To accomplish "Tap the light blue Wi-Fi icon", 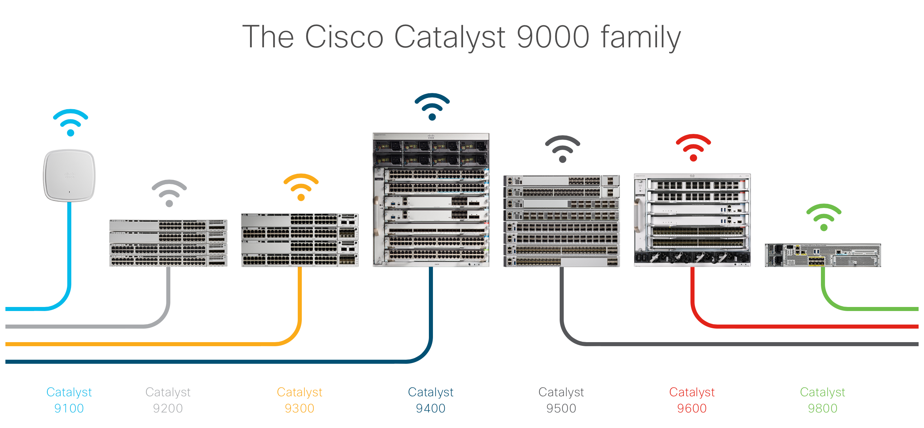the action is click(71, 122).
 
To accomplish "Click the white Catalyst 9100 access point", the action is click(69, 175).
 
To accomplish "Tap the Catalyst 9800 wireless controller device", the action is click(823, 255).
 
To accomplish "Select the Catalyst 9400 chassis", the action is click(431, 200).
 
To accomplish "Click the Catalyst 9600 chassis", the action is click(692, 220).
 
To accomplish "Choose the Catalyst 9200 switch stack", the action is click(168, 243).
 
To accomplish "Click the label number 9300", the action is click(299, 408).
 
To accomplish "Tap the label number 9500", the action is click(561, 408).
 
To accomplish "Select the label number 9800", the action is click(823, 408).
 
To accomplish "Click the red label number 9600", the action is click(692, 408).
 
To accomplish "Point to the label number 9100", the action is click(69, 408).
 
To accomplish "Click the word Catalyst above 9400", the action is click(431, 393).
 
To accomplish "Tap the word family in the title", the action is click(641, 37).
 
